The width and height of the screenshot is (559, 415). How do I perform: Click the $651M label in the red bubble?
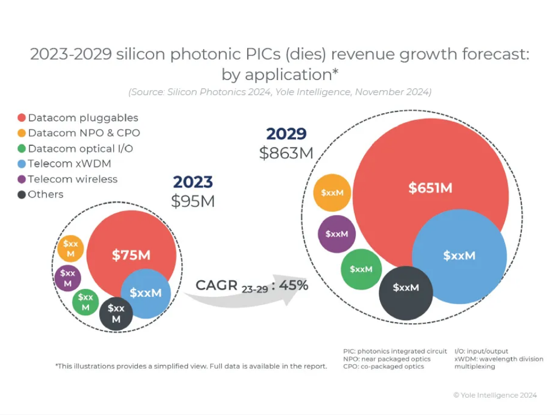(430, 188)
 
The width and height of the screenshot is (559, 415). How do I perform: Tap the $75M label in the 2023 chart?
(131, 255)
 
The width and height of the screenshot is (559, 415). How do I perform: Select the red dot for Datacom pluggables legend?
(22, 118)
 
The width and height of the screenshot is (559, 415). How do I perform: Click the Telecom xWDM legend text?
(69, 164)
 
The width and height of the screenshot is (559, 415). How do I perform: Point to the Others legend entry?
(46, 194)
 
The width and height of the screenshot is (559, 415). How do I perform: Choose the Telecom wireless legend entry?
(73, 179)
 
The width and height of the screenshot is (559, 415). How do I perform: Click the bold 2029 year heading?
(287, 134)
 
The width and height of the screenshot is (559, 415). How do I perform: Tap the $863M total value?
(287, 153)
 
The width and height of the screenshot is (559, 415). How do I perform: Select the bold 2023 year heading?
(193, 182)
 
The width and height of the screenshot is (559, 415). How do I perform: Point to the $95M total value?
(193, 201)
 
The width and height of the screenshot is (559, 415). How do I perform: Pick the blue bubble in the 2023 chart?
(146, 293)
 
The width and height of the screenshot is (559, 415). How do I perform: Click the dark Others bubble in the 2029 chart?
(406, 288)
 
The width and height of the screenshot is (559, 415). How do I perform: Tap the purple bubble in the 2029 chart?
(337, 234)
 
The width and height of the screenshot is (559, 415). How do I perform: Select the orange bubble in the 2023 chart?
(71, 248)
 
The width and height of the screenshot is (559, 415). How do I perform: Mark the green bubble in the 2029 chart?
(361, 269)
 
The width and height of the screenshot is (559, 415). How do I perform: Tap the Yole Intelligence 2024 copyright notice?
(495, 395)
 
